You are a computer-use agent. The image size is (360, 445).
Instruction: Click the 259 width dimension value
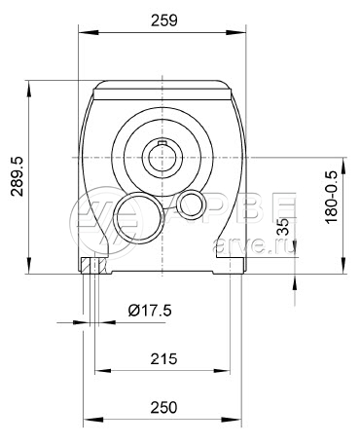pyautogui.click(x=164, y=20)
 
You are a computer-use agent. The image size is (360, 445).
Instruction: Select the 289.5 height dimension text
pyautogui.click(x=17, y=176)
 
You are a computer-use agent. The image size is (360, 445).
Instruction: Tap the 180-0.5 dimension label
pyautogui.click(x=332, y=197)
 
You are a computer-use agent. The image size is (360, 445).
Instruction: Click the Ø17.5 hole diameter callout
pyautogui.click(x=150, y=311)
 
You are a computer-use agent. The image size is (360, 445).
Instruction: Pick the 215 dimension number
pyautogui.click(x=163, y=358)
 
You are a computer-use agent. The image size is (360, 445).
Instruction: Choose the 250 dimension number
pyautogui.click(x=163, y=407)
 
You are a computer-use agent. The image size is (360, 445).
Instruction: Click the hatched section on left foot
pyautogui.click(x=93, y=266)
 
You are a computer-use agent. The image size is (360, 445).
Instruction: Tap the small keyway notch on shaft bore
pyautogui.click(x=162, y=143)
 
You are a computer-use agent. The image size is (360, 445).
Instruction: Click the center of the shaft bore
pyautogui.click(x=162, y=158)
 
